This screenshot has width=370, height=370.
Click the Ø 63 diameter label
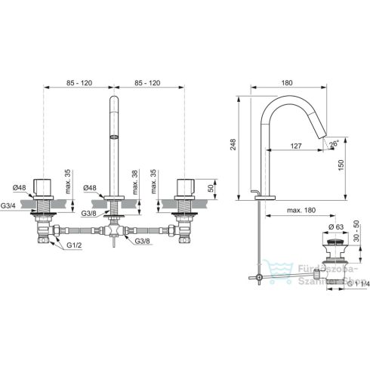[x=338, y=226]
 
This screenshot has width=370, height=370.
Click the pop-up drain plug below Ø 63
[x=334, y=245]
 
